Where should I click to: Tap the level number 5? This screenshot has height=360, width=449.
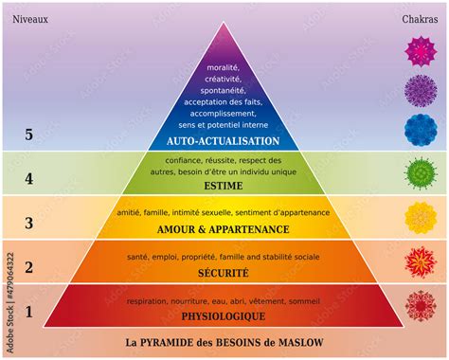pyautogui.click(x=28, y=135)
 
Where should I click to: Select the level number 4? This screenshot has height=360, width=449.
pyautogui.click(x=28, y=178)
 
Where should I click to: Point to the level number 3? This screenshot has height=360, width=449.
pyautogui.click(x=28, y=223)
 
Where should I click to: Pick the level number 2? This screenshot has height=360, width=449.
pyautogui.click(x=28, y=267)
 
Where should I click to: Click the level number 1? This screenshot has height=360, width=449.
pyautogui.click(x=28, y=310)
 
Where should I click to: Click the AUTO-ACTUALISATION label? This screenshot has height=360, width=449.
pyautogui.click(x=224, y=142)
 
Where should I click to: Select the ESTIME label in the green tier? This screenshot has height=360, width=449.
pyautogui.click(x=224, y=187)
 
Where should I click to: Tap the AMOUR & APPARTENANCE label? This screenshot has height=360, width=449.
pyautogui.click(x=224, y=230)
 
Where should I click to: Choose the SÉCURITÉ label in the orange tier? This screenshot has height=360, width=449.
pyautogui.click(x=224, y=273)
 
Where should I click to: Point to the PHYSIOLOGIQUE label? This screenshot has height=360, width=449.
pyautogui.click(x=224, y=315)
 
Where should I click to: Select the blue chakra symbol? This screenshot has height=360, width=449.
pyautogui.click(x=419, y=129)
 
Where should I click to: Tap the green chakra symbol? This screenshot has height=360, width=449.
pyautogui.click(x=419, y=172)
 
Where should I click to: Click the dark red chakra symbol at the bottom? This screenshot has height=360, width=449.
pyautogui.click(x=419, y=305)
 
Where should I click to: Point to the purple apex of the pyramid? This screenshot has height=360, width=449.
pyautogui.click(x=224, y=43)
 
